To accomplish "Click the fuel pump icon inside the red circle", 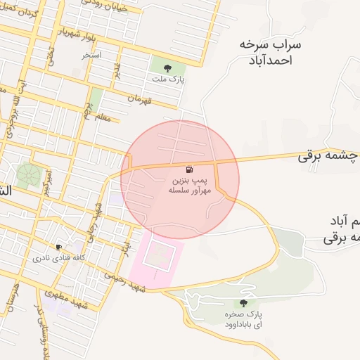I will [x=188, y=169].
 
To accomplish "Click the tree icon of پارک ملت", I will [x=167, y=68].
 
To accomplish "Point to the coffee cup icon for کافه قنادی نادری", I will [x=58, y=247].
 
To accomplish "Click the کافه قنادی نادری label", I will [x=58, y=258].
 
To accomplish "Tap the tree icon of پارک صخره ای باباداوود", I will [x=243, y=303].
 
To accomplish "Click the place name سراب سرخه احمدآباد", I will [x=269, y=52].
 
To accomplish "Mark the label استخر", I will [x=91, y=54].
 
